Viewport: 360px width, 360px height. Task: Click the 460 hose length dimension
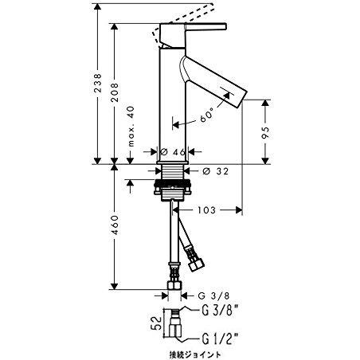tap(116, 228)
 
